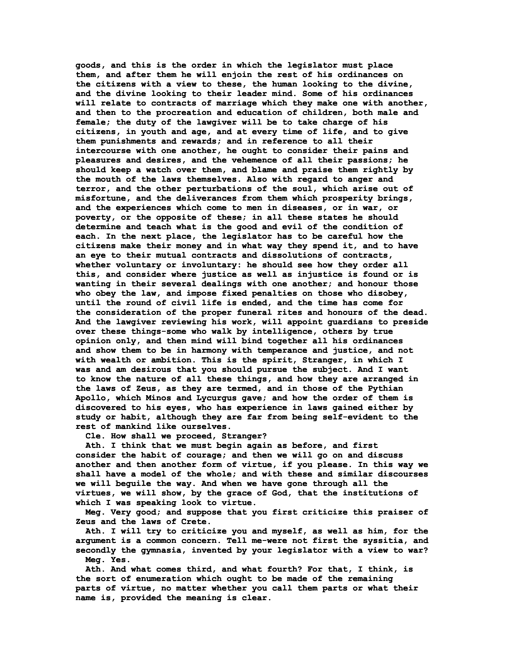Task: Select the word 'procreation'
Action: pyautogui.click(x=184, y=113)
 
